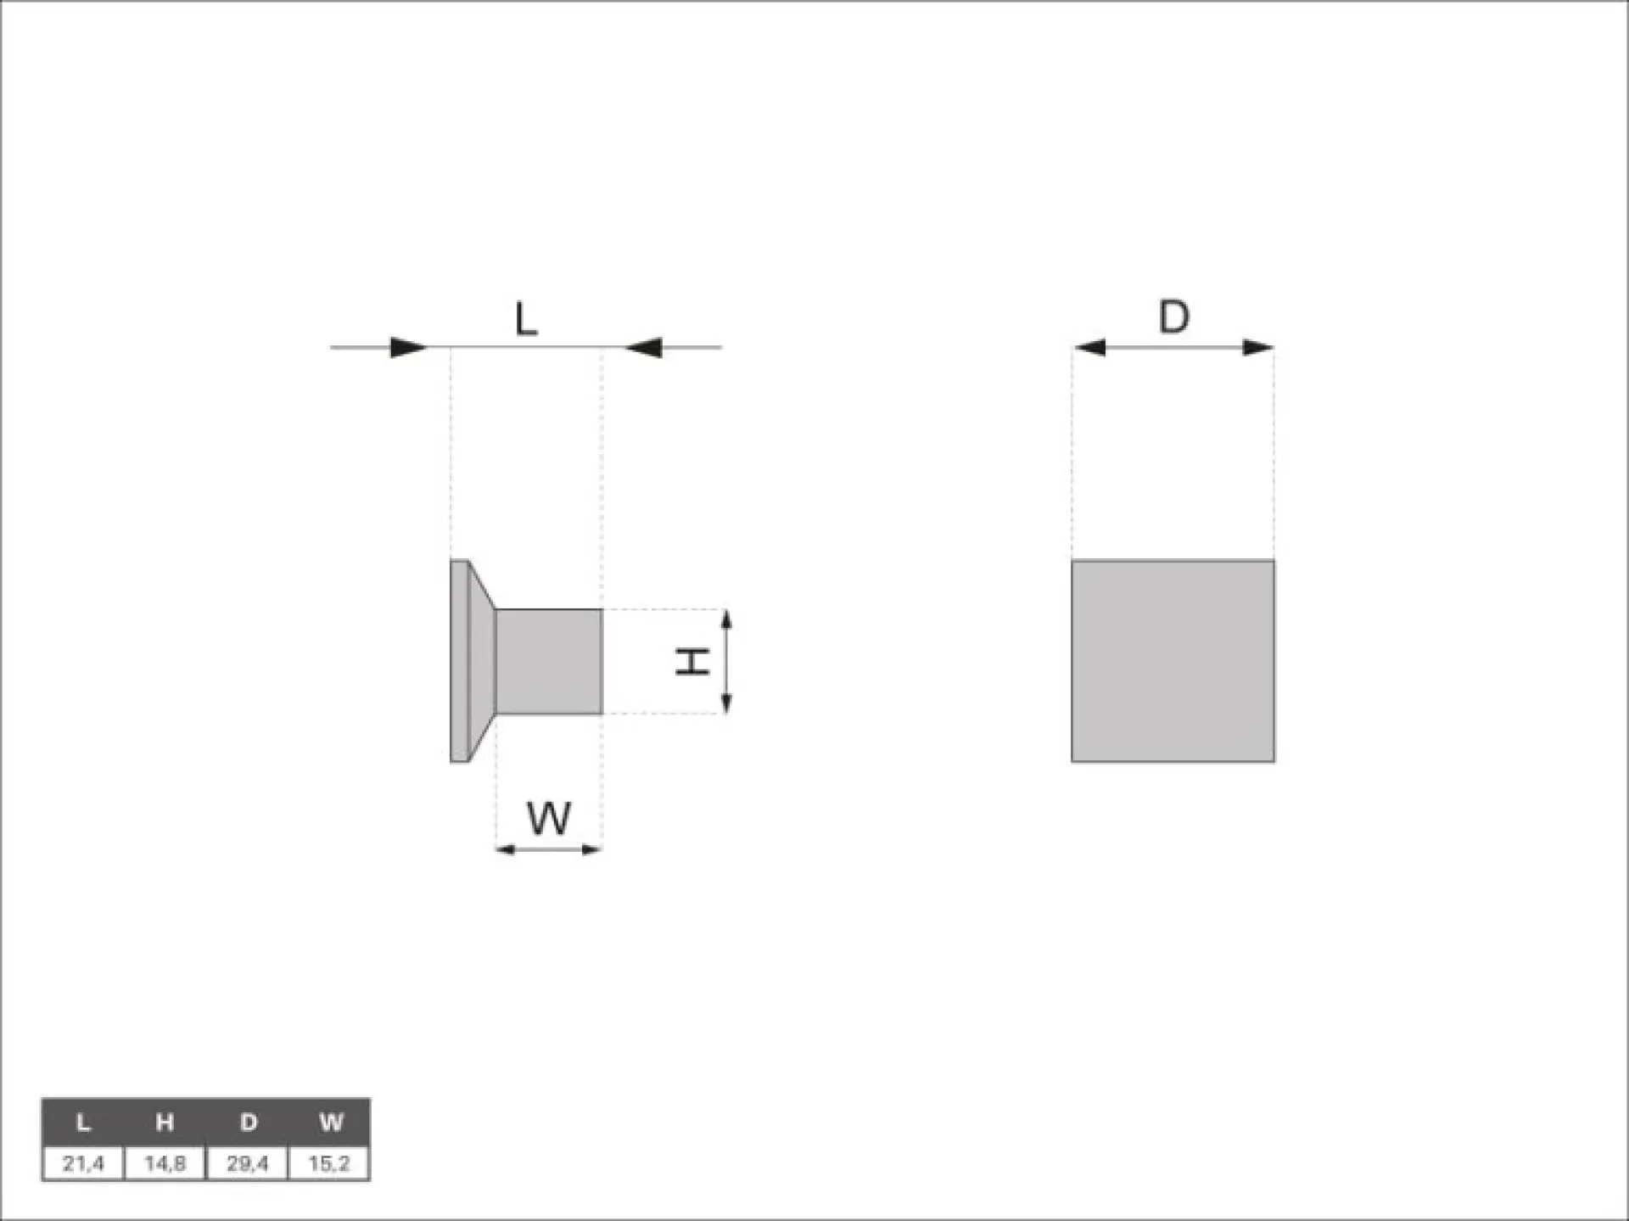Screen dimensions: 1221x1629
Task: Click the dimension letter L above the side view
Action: [x=526, y=320]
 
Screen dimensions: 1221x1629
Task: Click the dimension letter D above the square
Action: [x=1173, y=317]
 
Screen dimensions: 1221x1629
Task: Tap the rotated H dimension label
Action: [x=692, y=661]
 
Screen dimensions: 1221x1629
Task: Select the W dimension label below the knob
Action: [x=549, y=819]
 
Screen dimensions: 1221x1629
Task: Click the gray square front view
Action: [x=1173, y=661]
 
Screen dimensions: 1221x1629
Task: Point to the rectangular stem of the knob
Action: [x=549, y=661]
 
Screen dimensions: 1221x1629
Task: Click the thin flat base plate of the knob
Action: [x=459, y=661]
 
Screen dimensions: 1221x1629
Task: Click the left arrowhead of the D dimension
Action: [x=1089, y=347]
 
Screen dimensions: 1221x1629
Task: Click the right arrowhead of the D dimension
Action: [x=1257, y=347]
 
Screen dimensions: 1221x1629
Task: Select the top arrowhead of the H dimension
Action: [x=726, y=619]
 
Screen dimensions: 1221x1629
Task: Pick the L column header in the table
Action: [x=83, y=1123]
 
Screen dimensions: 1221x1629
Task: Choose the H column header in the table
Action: [x=165, y=1123]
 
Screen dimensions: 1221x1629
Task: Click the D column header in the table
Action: [x=248, y=1123]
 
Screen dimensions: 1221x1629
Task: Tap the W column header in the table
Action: [x=330, y=1123]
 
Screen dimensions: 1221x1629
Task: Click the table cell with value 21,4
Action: [x=83, y=1163]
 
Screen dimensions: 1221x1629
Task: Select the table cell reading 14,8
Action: [x=165, y=1163]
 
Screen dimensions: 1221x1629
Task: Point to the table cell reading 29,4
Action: [x=248, y=1163]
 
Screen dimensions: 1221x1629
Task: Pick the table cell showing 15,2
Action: [x=329, y=1163]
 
